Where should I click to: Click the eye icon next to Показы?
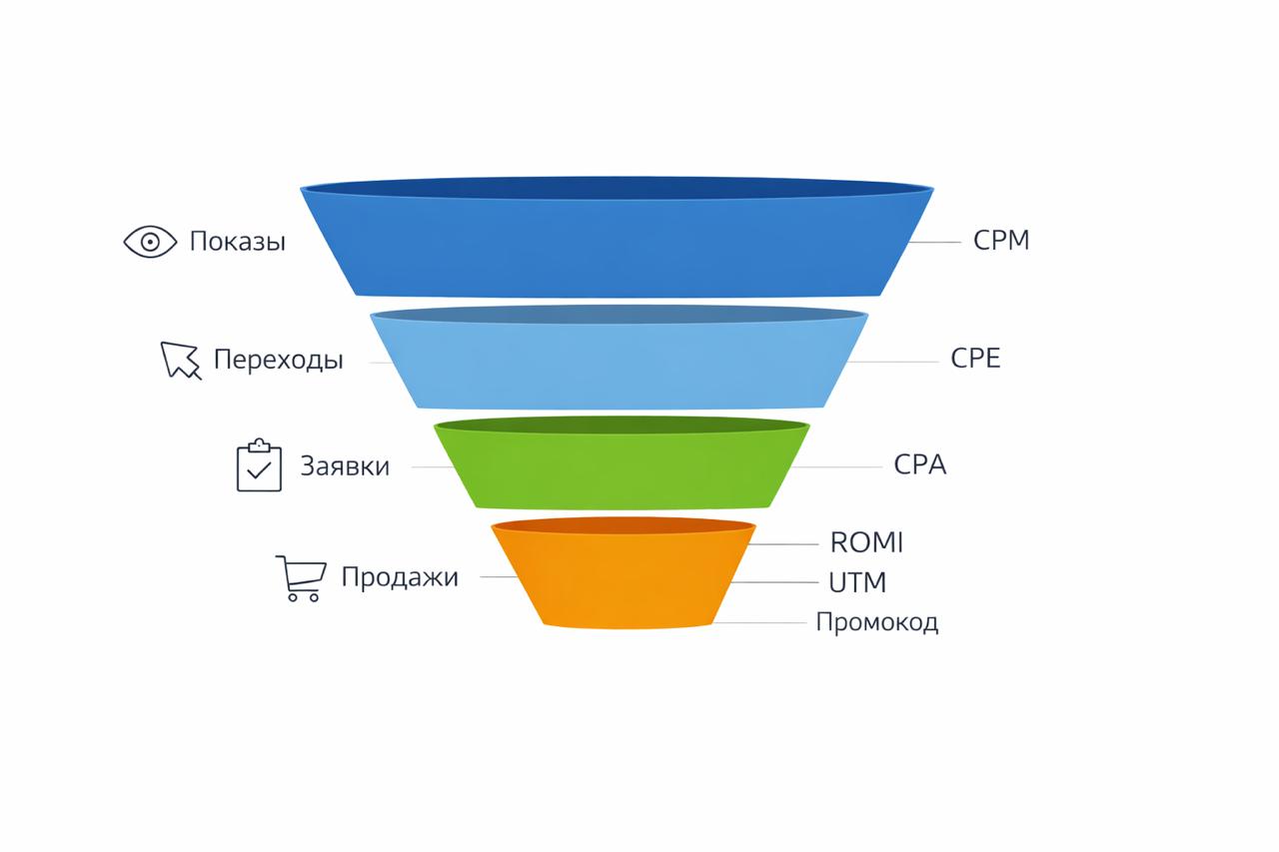click(x=150, y=242)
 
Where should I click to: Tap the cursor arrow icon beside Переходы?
click(x=180, y=361)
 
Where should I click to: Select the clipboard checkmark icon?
click(x=259, y=465)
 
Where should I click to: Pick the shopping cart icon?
click(x=300, y=578)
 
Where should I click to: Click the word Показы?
click(x=238, y=242)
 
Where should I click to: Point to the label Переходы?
click(x=278, y=360)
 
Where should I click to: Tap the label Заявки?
click(x=345, y=466)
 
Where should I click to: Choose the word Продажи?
click(x=400, y=577)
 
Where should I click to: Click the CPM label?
click(x=1001, y=241)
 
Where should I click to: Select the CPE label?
click(x=975, y=359)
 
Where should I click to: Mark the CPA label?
click(x=919, y=465)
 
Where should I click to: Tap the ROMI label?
click(x=866, y=542)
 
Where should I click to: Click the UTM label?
click(x=857, y=581)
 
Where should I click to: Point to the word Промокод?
click(x=877, y=622)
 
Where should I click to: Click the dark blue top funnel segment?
click(x=618, y=245)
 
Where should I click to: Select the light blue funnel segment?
click(x=619, y=365)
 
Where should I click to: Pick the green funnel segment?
click(x=621, y=469)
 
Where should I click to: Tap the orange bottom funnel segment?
click(x=624, y=579)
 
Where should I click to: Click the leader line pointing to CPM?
click(x=935, y=242)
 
